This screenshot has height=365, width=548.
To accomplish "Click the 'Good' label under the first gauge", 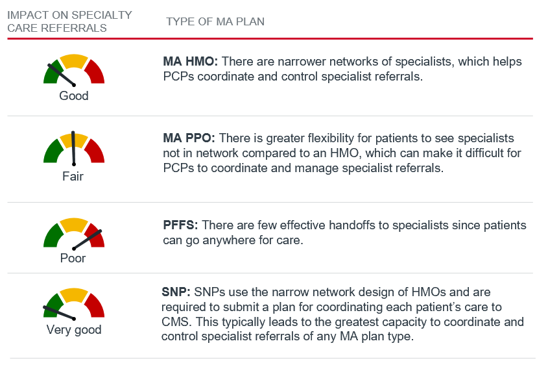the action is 74,95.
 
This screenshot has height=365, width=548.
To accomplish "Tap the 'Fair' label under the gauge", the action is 73,176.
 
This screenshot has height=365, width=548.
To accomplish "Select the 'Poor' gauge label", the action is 73,258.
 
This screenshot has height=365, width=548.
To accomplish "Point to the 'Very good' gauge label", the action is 74,330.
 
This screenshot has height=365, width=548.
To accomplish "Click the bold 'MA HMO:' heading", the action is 191,62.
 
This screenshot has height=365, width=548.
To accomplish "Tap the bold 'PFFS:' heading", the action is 180,225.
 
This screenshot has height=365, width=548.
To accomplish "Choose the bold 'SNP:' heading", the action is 176,292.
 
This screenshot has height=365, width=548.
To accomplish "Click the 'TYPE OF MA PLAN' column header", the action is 215,21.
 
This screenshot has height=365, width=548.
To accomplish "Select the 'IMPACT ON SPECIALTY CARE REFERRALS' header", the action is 69,21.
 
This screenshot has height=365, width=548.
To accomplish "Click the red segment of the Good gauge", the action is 96,72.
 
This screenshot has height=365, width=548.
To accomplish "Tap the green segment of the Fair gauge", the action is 53,151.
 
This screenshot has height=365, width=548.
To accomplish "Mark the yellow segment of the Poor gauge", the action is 74,224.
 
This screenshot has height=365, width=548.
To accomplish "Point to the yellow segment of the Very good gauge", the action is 74,295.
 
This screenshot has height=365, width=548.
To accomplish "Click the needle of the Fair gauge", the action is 73,148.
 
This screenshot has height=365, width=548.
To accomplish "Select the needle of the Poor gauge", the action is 87,240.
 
